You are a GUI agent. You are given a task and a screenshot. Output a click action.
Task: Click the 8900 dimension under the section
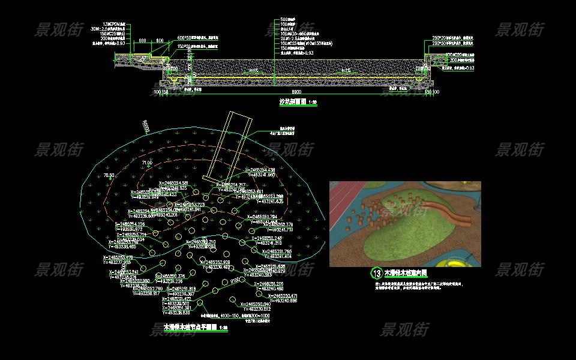click(x=296, y=91)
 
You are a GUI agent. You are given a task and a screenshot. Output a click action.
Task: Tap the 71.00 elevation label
click(x=147, y=163)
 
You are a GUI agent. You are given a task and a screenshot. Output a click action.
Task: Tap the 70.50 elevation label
click(x=109, y=175)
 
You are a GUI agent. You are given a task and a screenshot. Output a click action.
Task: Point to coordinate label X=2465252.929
click(x=213, y=262)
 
